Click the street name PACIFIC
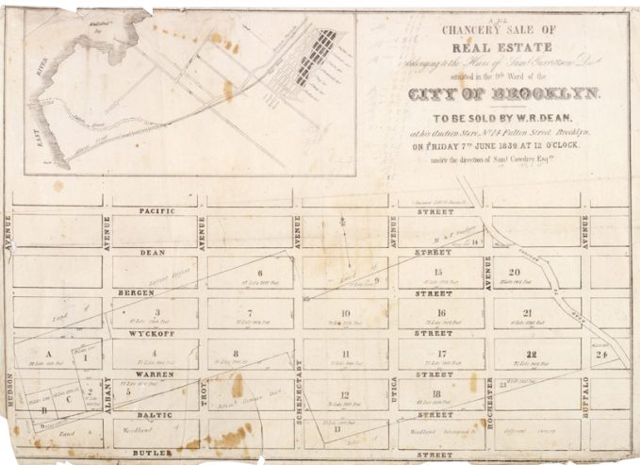point(156,213)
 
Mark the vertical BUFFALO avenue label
point(584,395)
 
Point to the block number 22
point(532,355)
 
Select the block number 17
point(439,355)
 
